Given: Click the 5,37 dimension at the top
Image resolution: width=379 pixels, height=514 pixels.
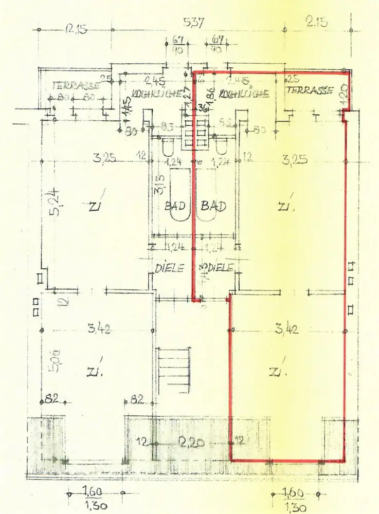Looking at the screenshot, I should coord(194,23).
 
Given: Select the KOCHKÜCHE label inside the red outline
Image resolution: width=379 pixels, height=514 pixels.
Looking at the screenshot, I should coord(244,94).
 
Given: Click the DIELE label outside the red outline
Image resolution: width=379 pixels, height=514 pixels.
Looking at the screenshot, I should coord(169,268).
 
